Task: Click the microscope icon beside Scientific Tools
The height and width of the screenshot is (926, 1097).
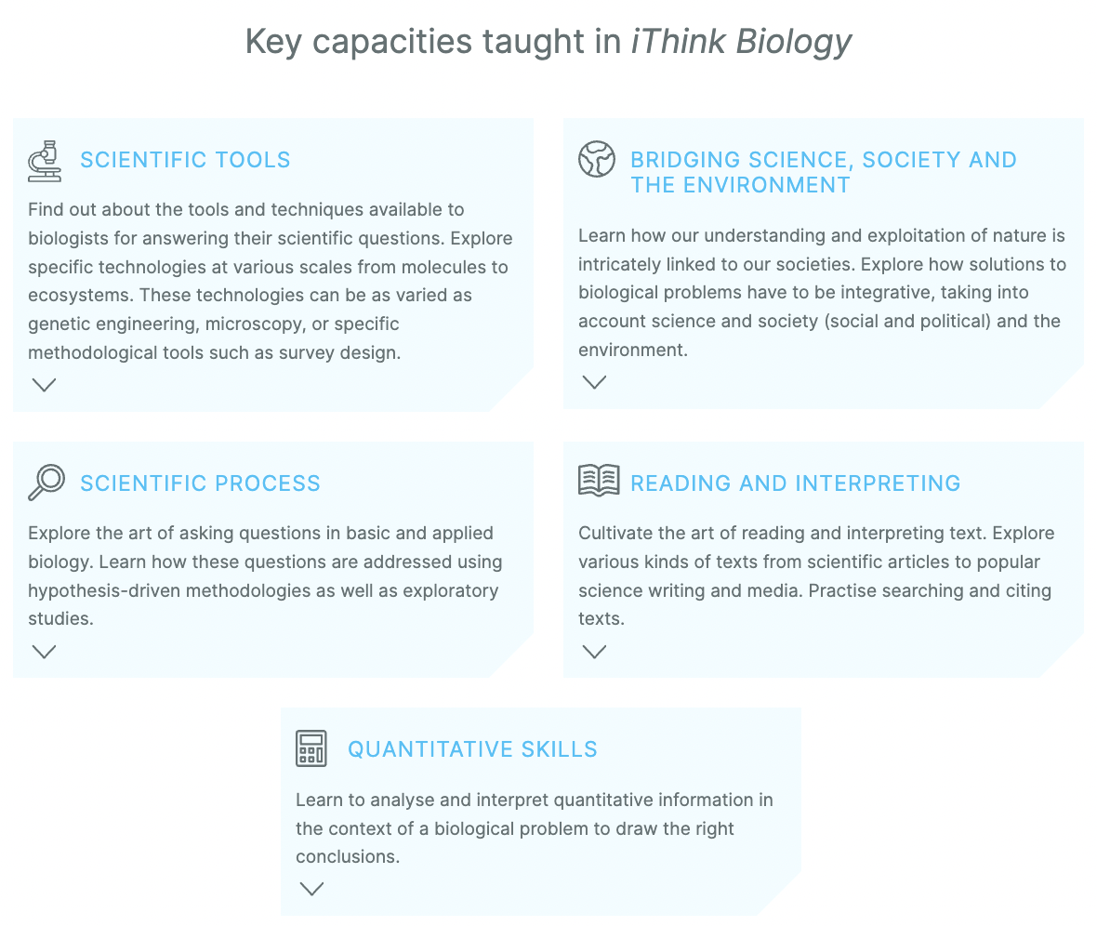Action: click(45, 161)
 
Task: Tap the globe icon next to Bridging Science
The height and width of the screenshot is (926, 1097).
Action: click(597, 159)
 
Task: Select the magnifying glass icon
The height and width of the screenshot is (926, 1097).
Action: click(46, 483)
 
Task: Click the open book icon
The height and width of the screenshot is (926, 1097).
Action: click(599, 480)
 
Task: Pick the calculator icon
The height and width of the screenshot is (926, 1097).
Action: click(311, 749)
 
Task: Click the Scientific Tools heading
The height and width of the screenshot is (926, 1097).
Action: click(185, 160)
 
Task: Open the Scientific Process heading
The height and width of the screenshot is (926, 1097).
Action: click(200, 483)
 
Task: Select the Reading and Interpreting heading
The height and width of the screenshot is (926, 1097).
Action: click(796, 483)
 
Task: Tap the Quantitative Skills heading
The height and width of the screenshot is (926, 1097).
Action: click(473, 749)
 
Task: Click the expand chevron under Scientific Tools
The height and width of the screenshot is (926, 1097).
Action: click(44, 385)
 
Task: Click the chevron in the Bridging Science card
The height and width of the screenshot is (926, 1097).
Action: click(595, 382)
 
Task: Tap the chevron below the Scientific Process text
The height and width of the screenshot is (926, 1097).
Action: click(44, 652)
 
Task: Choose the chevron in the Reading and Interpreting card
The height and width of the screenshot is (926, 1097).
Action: click(595, 652)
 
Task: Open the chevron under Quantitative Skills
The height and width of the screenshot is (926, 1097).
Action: click(312, 889)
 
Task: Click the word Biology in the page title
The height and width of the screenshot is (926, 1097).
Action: click(794, 42)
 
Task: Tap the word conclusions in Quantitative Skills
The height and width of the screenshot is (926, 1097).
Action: click(348, 856)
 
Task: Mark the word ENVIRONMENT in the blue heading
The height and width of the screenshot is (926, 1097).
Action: click(767, 186)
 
